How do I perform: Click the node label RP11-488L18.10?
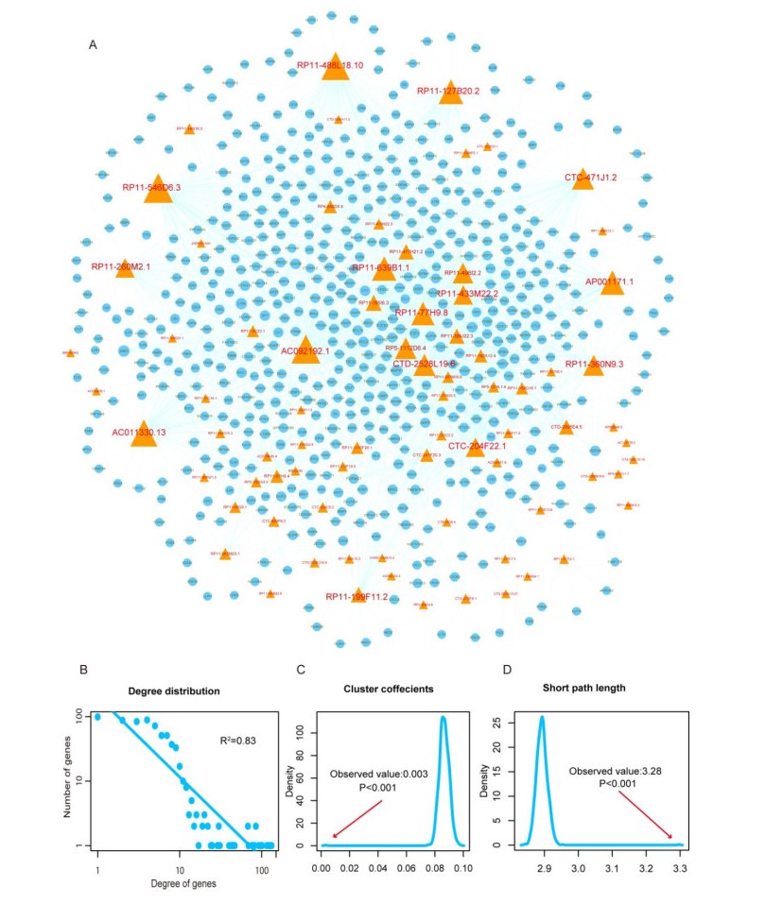[330, 65]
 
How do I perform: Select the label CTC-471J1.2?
[590, 177]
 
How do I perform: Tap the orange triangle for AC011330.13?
[143, 435]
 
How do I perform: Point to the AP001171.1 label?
[609, 281]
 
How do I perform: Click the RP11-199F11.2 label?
[357, 596]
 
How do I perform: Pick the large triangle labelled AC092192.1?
[304, 350]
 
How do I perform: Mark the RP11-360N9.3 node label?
[594, 364]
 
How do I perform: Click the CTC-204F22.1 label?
[477, 445]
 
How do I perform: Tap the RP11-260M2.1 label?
[120, 266]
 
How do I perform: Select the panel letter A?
[92, 44]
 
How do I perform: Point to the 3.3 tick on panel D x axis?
[680, 863]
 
